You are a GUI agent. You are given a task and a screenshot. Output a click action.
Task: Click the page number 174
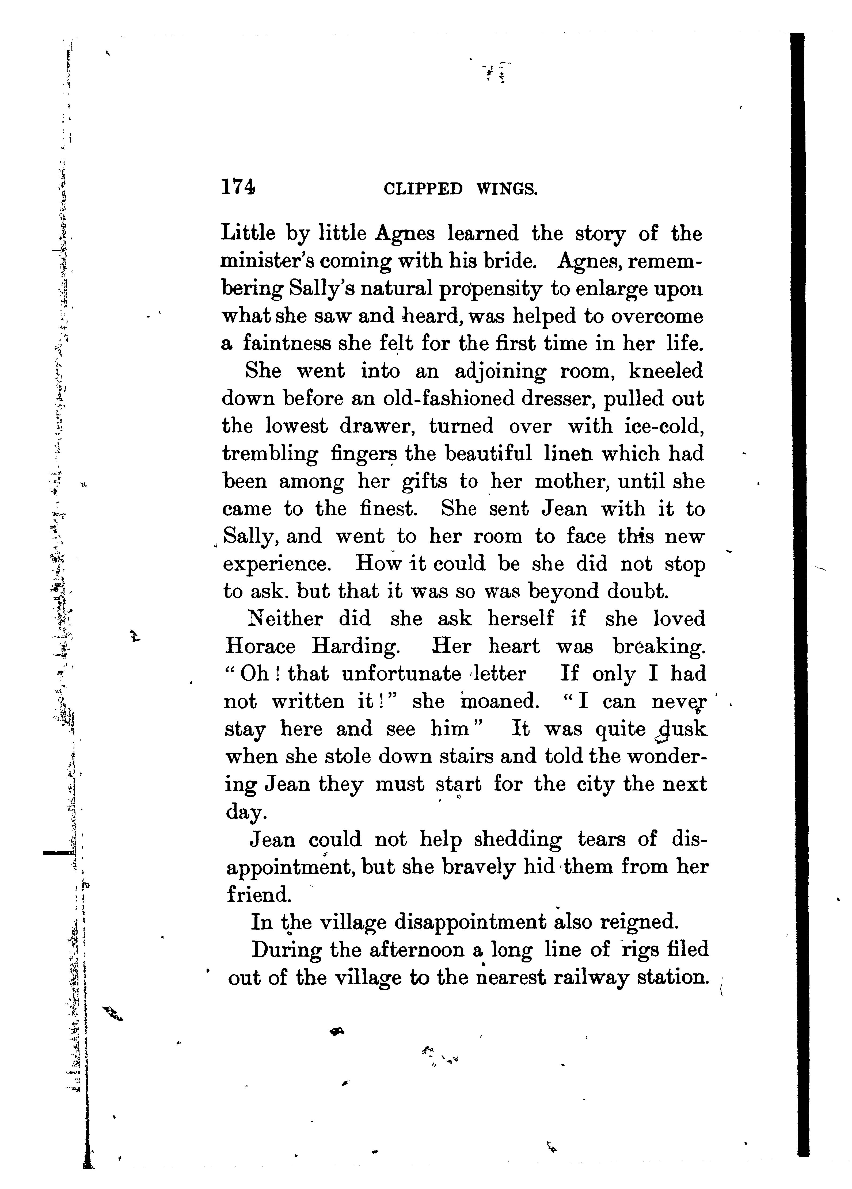pyautogui.click(x=238, y=187)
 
